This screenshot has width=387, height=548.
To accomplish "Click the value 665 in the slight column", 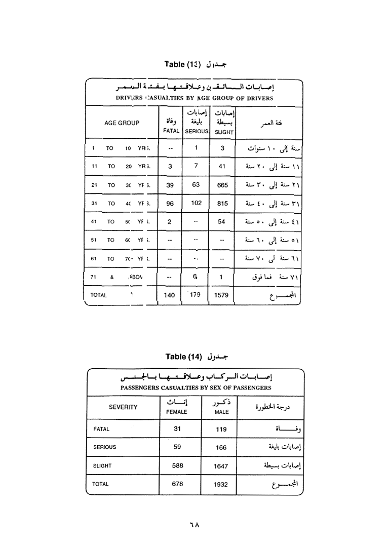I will (x=221, y=185).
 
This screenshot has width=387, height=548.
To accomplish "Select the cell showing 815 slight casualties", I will (x=221, y=203).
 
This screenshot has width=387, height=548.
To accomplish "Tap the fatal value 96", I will (x=170, y=203).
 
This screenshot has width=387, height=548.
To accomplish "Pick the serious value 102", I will (x=196, y=203).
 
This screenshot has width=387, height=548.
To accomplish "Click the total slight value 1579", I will (x=221, y=294).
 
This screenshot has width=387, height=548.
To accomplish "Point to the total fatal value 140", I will (x=170, y=294).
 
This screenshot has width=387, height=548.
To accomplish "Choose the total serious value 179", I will (x=196, y=294).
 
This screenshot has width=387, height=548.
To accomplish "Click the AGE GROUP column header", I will (x=122, y=123).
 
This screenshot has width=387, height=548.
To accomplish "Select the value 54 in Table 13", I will (x=221, y=221).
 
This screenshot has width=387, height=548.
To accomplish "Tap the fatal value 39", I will (x=170, y=185).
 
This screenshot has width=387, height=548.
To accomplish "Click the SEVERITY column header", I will (x=123, y=407).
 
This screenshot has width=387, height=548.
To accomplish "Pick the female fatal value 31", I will (x=177, y=428).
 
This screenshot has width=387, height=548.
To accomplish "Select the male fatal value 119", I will (x=221, y=429).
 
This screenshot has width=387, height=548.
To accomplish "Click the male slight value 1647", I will (x=221, y=466).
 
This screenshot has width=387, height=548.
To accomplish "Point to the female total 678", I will (x=177, y=484).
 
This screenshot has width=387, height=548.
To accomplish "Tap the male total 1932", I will (x=221, y=484).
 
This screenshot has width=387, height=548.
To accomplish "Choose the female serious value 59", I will (x=177, y=447).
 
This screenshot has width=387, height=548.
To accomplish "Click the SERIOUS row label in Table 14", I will (x=104, y=447).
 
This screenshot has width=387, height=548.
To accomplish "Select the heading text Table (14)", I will (x=183, y=357).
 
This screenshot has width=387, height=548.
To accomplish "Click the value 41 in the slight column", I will (x=221, y=166).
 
